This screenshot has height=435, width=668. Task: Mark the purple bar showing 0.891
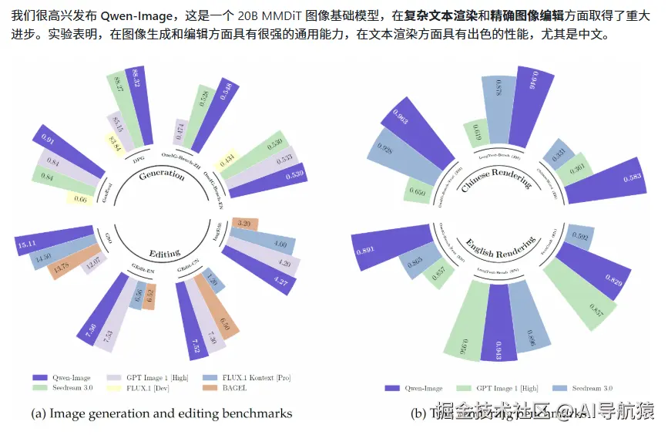point(386,249)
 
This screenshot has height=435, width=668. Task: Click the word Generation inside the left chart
point(162,175)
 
